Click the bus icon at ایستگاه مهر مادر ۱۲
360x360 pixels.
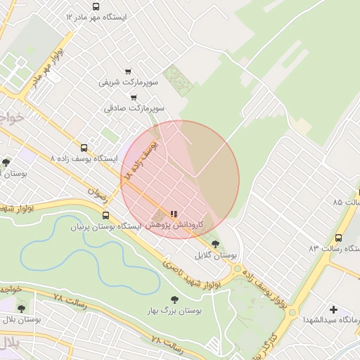pos(96,6)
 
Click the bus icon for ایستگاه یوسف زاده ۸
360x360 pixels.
pos(84,148)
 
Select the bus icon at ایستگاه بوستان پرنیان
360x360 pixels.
pos(105,216)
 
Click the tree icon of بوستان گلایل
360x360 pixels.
pos(215,243)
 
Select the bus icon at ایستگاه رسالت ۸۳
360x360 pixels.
pos(339,238)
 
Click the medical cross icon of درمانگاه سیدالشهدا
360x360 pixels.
pos(333,309)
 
